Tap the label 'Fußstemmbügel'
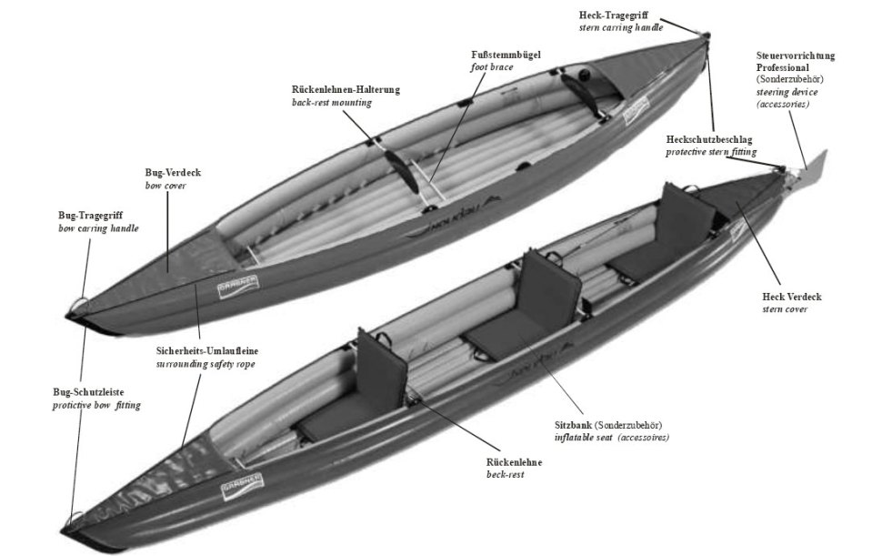506,55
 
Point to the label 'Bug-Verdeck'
173,172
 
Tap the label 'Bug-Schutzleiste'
95,391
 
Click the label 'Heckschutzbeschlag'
710,138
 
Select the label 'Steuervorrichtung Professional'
795,61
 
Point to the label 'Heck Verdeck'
792,297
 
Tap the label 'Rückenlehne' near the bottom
514,462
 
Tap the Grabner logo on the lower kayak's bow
238,488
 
